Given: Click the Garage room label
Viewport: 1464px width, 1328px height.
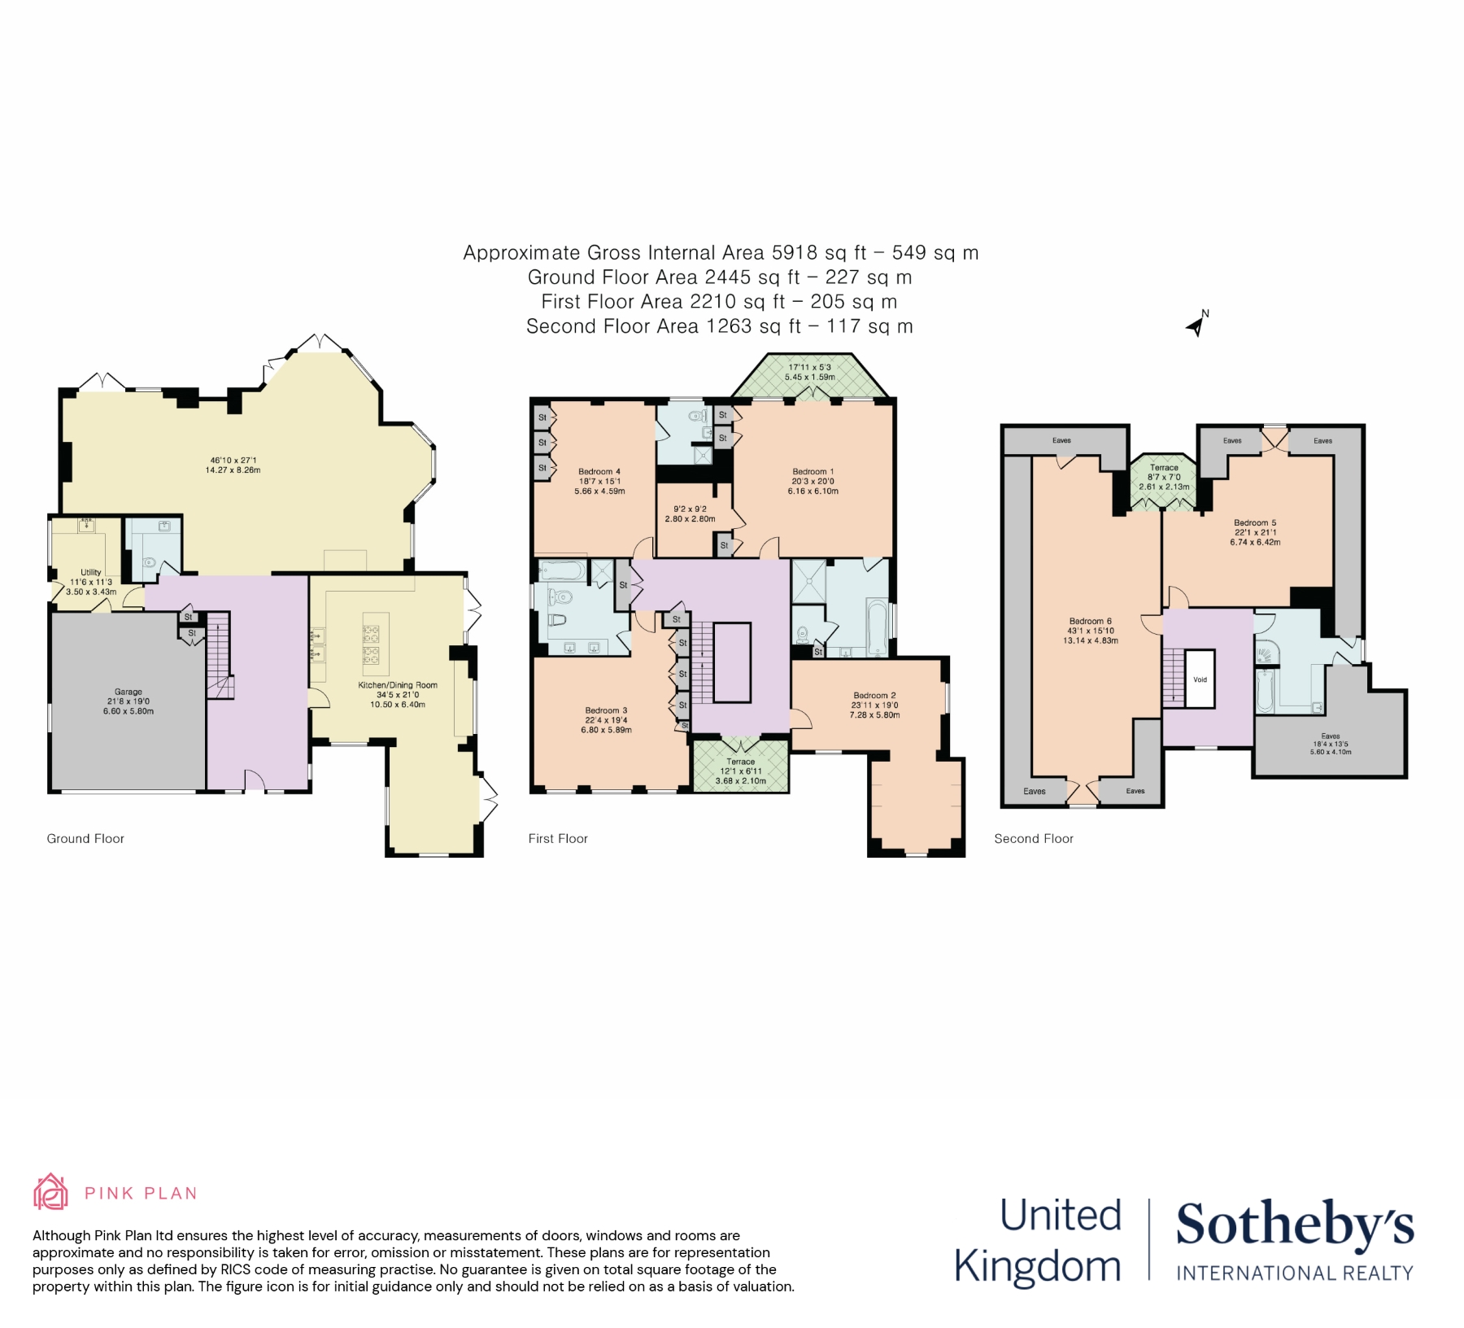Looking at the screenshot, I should [x=128, y=692].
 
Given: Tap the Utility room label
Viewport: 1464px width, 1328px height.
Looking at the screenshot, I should [x=91, y=572].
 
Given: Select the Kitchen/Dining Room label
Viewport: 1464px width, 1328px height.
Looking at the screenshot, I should [x=398, y=685].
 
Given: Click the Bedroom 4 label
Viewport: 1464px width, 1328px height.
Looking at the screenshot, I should [x=599, y=471].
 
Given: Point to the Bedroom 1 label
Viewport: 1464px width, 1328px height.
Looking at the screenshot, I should [x=813, y=471].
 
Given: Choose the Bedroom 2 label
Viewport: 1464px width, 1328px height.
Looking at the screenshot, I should [x=874, y=696].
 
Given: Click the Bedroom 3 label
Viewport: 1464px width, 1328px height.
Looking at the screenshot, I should [x=606, y=710].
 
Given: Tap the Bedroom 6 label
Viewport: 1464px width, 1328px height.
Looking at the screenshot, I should [x=1090, y=621].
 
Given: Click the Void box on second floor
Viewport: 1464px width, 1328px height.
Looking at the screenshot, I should [x=1200, y=679].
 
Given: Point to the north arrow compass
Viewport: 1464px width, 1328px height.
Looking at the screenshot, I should [x=1196, y=324].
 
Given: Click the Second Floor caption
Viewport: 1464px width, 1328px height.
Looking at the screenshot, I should [x=1033, y=838].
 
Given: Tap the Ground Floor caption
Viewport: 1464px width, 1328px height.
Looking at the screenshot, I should [x=85, y=838].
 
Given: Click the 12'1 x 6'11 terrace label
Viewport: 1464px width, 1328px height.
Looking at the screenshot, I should [x=740, y=771].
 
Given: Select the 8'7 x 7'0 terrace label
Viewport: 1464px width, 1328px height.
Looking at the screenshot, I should [x=1164, y=477].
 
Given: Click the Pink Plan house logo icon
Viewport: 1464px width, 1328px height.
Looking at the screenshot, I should [x=50, y=1192].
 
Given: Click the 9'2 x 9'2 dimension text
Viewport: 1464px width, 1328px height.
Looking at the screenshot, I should [x=690, y=509].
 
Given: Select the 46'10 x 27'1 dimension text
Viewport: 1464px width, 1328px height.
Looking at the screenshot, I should [x=233, y=461].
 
